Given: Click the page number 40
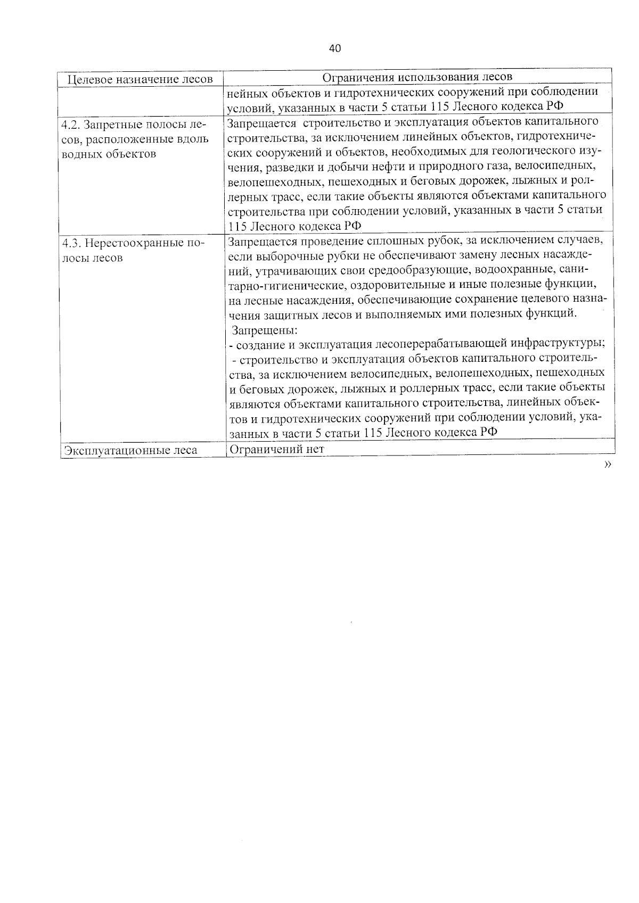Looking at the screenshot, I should click(335, 48).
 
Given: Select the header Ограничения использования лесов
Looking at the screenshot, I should click(417, 77).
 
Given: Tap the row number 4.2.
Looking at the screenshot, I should click(71, 126).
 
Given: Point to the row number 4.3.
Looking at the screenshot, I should click(71, 244).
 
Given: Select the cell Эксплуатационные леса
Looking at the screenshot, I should click(130, 450).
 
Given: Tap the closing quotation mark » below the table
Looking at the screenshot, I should click(608, 465).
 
